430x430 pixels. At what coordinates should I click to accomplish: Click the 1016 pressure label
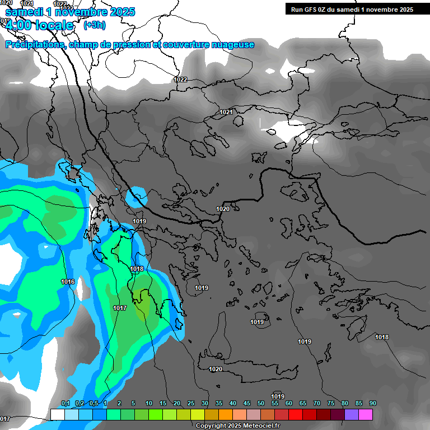point(68,282)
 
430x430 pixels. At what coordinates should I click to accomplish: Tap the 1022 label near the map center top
point(180,80)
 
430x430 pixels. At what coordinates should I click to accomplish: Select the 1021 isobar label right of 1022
point(226,112)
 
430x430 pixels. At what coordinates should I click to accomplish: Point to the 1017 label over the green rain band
point(120,308)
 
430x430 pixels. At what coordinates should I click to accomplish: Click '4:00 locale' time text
point(39,25)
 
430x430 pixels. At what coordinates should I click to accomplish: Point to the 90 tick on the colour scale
point(372,404)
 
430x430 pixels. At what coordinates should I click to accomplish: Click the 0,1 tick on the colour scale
point(65,404)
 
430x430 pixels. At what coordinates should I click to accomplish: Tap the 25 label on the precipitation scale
point(191,404)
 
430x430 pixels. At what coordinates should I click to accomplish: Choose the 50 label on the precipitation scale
point(261,404)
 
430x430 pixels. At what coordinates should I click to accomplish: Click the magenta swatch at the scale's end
point(366,414)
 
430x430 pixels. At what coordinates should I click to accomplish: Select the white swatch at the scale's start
point(57,414)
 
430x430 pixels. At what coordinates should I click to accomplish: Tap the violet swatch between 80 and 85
point(352,414)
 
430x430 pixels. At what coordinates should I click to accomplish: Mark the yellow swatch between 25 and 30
point(198,414)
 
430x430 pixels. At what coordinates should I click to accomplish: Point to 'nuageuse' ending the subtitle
point(232,45)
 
